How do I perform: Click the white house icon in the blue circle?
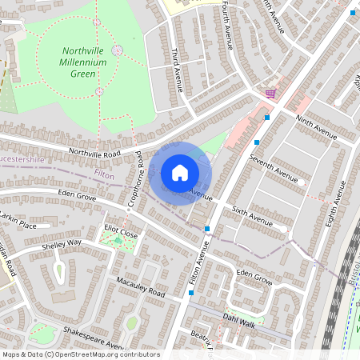pyautogui.click(x=180, y=172)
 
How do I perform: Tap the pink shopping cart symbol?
pyautogui.click(x=270, y=94)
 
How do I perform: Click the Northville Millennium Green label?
pyautogui.click(x=90, y=62)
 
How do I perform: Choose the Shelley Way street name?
pyautogui.click(x=62, y=243)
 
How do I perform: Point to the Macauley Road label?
pyautogui.click(x=140, y=289)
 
